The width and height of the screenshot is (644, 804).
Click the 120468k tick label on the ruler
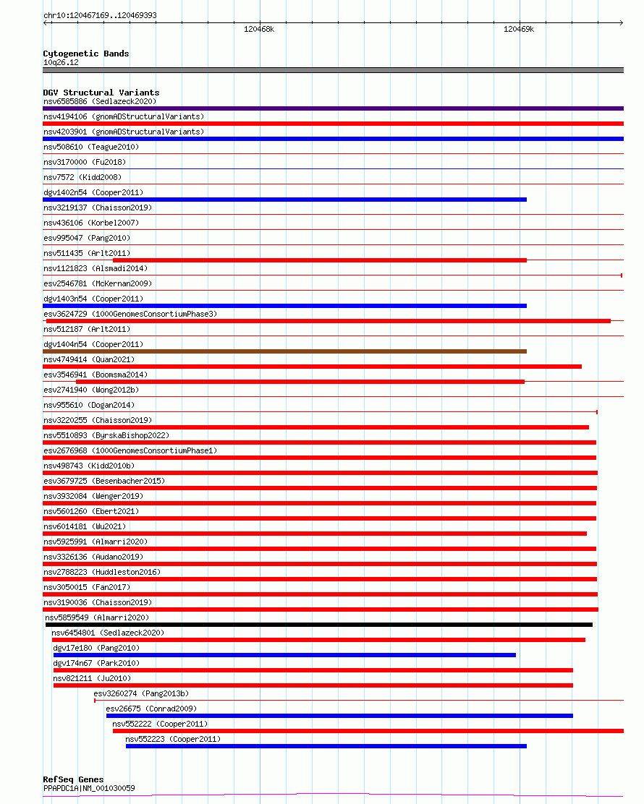click(259, 30)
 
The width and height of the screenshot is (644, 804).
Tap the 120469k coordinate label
click(519, 30)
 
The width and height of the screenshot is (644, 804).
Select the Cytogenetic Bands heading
click(85, 54)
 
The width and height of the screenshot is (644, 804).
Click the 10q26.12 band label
click(61, 62)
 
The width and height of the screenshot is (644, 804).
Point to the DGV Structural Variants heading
click(101, 93)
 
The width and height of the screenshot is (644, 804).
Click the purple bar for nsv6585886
click(333, 108)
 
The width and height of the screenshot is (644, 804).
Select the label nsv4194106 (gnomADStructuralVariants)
click(124, 116)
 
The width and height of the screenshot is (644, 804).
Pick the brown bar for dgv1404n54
click(284, 351)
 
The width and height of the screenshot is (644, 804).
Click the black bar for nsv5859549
click(318, 625)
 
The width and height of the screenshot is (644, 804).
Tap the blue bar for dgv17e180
click(284, 655)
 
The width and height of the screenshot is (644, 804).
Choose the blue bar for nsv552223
click(326, 746)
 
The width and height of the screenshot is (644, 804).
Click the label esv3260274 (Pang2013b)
click(140, 693)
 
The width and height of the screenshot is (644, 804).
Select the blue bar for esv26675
click(339, 716)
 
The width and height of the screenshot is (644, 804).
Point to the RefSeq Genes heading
click(73, 779)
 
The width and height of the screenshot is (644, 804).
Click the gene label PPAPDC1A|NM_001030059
click(88, 788)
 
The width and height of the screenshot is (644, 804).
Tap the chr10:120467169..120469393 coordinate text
click(100, 15)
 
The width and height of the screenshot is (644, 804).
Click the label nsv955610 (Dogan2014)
click(88, 405)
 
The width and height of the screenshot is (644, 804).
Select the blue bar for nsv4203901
click(333, 139)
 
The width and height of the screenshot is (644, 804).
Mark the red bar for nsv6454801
click(318, 640)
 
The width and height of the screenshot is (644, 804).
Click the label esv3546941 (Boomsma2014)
click(96, 375)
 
